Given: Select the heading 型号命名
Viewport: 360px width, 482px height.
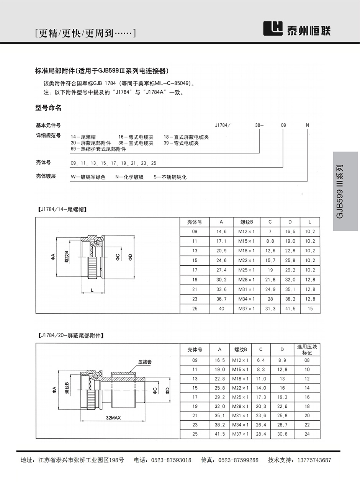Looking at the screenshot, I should pyautogui.click(x=48, y=108).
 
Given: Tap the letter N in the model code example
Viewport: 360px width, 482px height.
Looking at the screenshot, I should pyautogui.click(x=307, y=125).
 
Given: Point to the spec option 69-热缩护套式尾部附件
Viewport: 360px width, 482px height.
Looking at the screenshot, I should pyautogui.click(x=98, y=149).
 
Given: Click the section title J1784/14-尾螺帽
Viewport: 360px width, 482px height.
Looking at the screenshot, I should pyautogui.click(x=62, y=209).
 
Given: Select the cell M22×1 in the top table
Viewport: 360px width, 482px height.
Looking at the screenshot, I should pyautogui.click(x=246, y=260).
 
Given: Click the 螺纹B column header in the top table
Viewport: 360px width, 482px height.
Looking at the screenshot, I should pyautogui.click(x=246, y=222).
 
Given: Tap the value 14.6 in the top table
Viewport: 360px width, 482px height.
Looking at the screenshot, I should pyautogui.click(x=221, y=232).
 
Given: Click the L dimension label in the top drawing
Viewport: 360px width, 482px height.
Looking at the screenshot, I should pyautogui.click(x=92, y=290).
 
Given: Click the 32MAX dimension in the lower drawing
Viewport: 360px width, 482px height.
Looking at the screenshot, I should pyautogui.click(x=113, y=418).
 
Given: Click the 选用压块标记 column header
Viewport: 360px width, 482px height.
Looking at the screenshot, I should pyautogui.click(x=307, y=350).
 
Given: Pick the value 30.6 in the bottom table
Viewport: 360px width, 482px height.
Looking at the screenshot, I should pyautogui.click(x=282, y=434).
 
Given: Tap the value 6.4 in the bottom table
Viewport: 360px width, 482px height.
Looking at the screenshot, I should pyautogui.click(x=261, y=360).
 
